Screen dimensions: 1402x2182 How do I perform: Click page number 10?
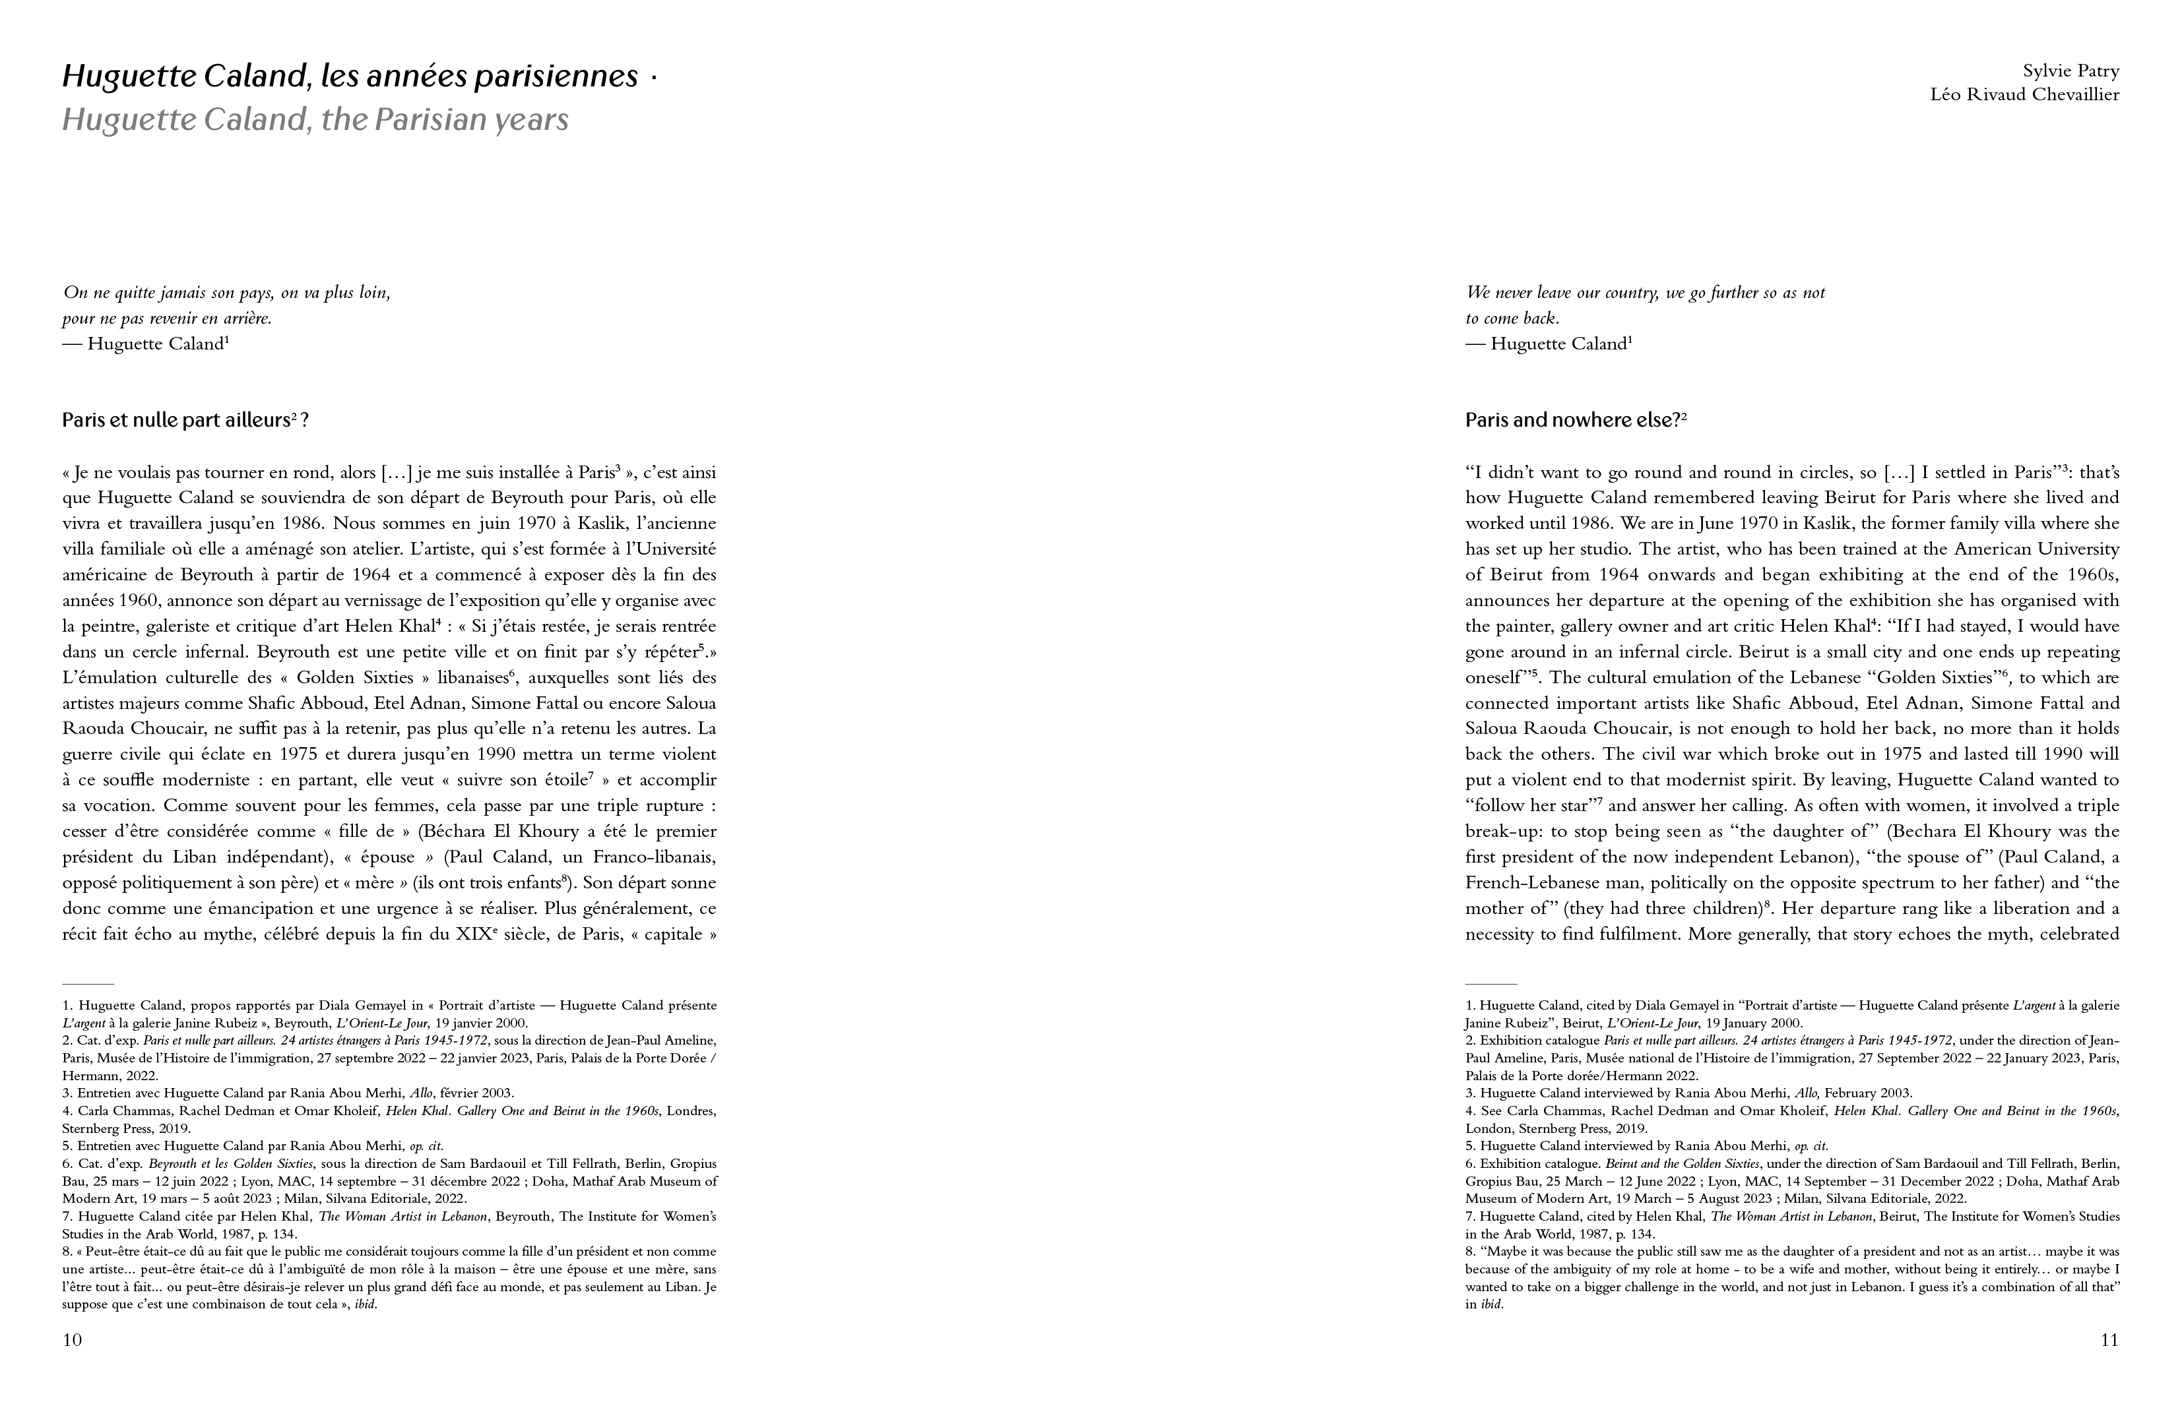click(72, 1340)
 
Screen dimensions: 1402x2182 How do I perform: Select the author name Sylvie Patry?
click(2071, 71)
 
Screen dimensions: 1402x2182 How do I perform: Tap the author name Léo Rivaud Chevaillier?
click(2024, 95)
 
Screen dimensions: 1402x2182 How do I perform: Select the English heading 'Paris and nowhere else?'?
click(1572, 421)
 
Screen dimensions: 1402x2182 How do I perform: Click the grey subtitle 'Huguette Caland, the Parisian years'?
click(315, 120)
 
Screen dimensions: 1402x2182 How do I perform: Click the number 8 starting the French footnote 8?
click(65, 1252)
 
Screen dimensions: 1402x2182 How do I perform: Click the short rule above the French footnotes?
click(88, 984)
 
